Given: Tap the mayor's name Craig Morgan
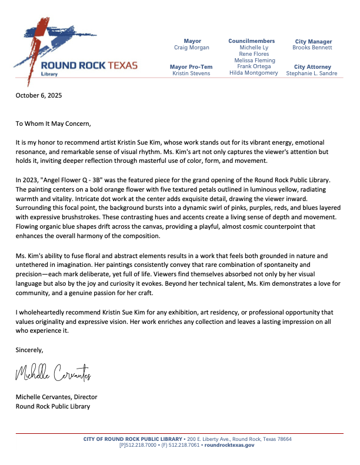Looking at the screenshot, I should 192,48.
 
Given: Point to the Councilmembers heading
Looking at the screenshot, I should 251,41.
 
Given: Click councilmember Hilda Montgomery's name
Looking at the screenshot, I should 254,73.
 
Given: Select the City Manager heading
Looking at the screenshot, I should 313,42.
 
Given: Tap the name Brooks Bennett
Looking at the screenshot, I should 313,48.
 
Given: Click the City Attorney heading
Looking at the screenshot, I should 313,67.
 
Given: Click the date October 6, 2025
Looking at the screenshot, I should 39,95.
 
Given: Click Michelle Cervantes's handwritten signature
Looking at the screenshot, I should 52,373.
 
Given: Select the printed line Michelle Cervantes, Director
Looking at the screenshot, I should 56,397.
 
